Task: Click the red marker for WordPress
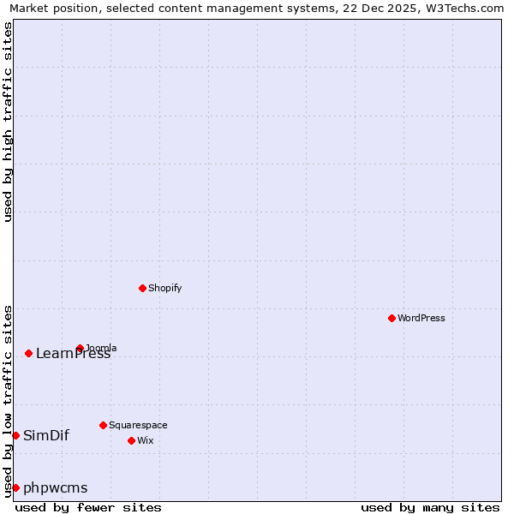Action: [x=391, y=318]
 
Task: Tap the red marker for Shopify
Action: [x=142, y=288]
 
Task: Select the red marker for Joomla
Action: [x=80, y=348]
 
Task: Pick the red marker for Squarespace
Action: [x=103, y=425]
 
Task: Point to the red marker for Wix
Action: [x=131, y=440]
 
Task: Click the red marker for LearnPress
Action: [x=28, y=353]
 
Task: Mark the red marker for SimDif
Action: [x=15, y=435]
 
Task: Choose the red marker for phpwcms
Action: [x=15, y=487]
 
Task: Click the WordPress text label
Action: [x=421, y=318]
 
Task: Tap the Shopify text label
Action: [x=165, y=288]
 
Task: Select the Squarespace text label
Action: [x=138, y=425]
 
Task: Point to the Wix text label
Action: [x=146, y=440]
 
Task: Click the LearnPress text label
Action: [x=73, y=354]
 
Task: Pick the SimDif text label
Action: [x=46, y=435]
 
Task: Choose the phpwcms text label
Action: [x=56, y=488]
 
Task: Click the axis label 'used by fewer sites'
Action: [x=88, y=507]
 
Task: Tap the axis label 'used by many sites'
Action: [x=430, y=507]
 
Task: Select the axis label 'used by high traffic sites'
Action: [x=8, y=122]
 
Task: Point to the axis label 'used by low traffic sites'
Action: [x=8, y=401]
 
